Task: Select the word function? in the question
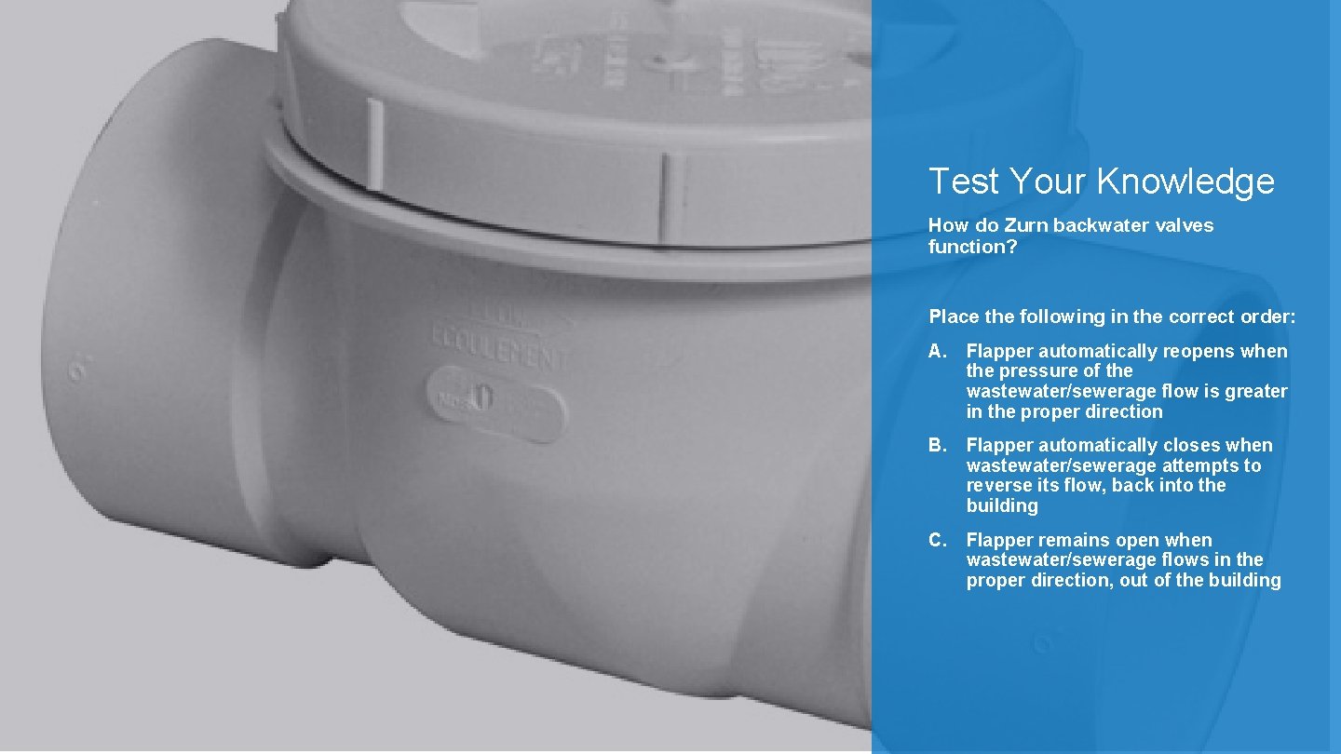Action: coord(973,246)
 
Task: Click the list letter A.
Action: coord(937,351)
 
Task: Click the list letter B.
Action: coord(937,445)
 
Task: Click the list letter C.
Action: coord(937,540)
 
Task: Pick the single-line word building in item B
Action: coord(1002,505)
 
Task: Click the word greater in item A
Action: coord(1256,391)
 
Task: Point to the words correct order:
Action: coord(1232,316)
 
